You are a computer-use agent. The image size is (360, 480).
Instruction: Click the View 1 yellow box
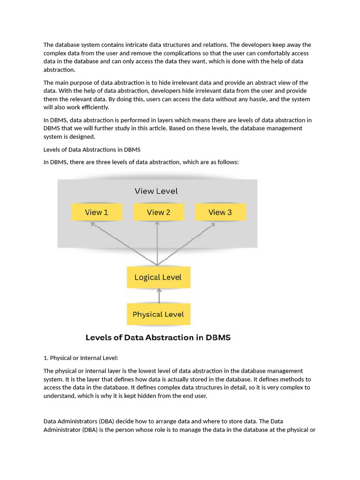pos(97,212)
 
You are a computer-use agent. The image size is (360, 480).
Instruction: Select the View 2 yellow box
pos(158,212)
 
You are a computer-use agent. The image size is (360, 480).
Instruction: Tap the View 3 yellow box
pos(220,212)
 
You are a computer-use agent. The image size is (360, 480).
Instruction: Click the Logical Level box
pos(158,277)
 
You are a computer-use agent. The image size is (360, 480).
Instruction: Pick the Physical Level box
pos(158,315)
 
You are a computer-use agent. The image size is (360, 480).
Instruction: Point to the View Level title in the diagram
pos(156,191)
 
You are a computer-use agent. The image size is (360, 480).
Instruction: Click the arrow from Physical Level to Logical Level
pos(159,296)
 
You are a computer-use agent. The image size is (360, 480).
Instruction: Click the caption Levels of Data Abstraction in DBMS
pos(157,337)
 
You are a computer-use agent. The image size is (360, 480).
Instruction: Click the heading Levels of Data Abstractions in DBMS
pos(92,150)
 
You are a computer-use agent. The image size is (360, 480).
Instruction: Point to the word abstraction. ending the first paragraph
pos(59,70)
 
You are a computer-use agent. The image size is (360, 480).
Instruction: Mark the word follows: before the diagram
pos(227,162)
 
